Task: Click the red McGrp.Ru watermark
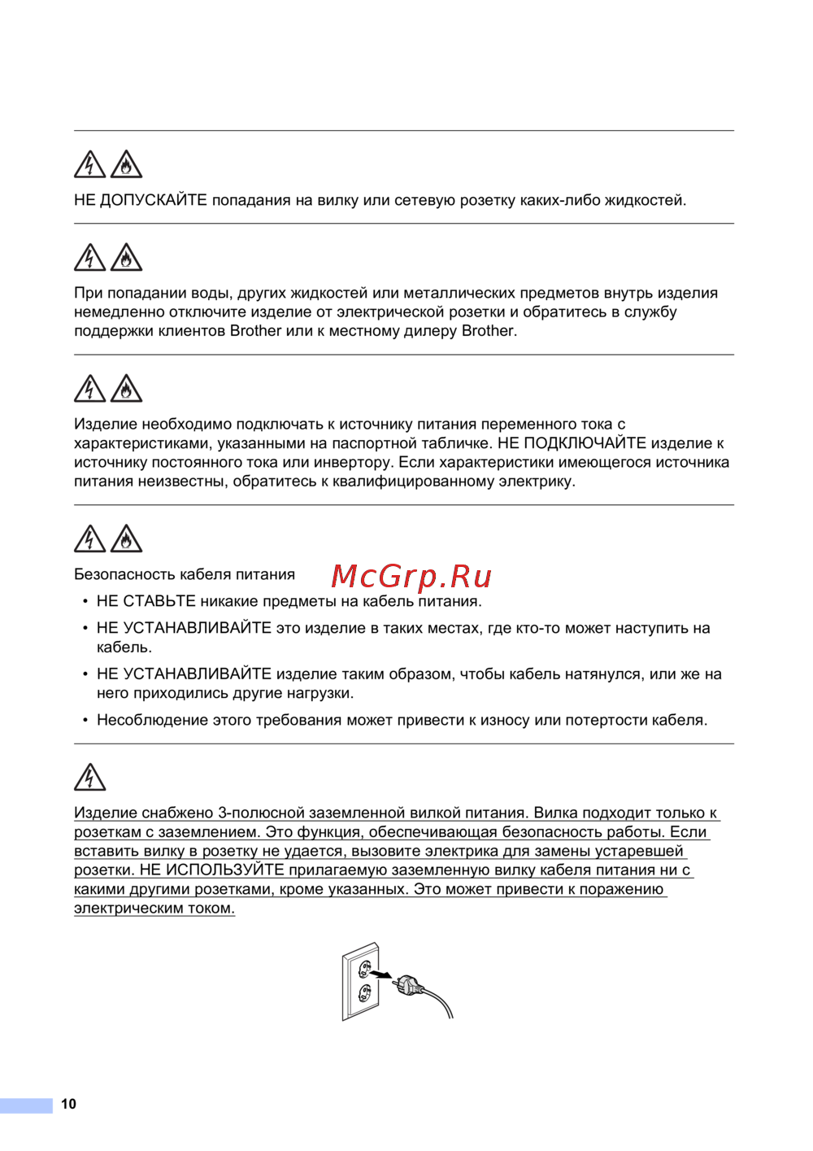411,576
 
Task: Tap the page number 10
68,1104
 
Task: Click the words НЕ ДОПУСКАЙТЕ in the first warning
141,200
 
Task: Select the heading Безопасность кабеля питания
185,574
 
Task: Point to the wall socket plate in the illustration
361,981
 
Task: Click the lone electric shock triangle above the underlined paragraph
89,777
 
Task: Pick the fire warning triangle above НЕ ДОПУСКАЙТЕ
126,164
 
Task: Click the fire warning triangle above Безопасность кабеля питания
126,538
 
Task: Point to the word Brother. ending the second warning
489,331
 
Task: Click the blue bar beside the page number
26,1105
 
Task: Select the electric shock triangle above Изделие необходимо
89,389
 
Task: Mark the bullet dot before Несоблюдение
85,721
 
